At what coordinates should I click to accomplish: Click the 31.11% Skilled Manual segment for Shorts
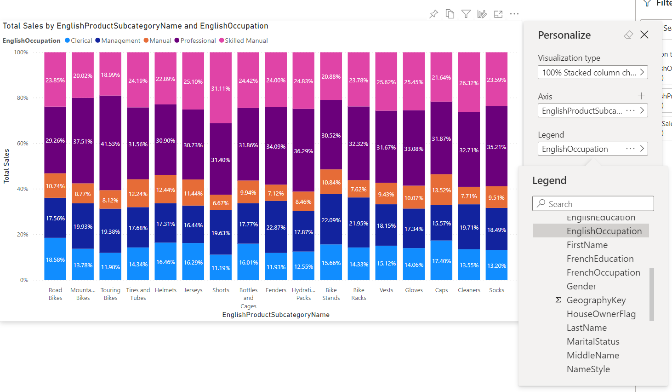[221, 88]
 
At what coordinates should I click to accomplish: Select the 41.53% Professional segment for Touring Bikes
[110, 143]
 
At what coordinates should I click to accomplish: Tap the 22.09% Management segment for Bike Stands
[331, 219]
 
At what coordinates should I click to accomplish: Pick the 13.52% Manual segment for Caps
[441, 190]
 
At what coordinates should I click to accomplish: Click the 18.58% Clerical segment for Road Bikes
[55, 259]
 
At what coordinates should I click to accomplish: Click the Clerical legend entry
[79, 40]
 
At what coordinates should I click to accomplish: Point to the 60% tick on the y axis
[23, 144]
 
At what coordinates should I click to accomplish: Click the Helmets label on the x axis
[165, 290]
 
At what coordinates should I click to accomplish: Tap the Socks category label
[496, 290]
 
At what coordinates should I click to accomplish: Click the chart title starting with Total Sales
[136, 26]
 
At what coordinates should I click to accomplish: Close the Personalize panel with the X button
[644, 35]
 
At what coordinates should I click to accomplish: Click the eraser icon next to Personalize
[628, 35]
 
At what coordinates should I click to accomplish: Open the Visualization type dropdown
[592, 73]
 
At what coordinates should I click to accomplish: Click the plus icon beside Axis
[641, 96]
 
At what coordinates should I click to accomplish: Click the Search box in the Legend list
[593, 204]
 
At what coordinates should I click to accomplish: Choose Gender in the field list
[581, 286]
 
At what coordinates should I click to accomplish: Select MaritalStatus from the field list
[593, 341]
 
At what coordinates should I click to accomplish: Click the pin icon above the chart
[433, 14]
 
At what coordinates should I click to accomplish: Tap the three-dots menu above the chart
[514, 14]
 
